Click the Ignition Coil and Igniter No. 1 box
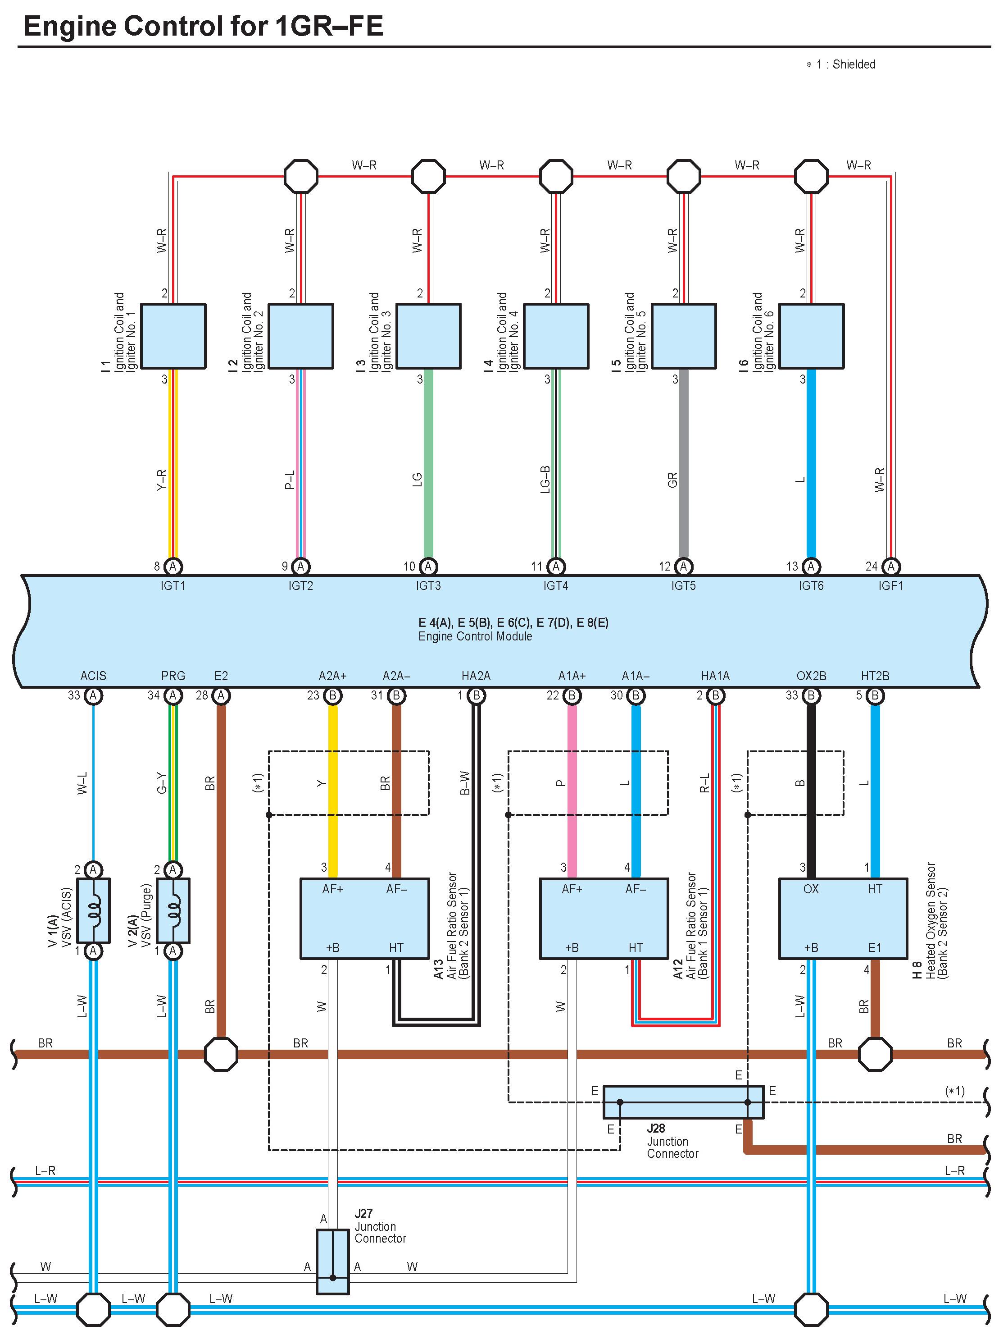(x=173, y=336)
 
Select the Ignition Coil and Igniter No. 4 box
(x=556, y=336)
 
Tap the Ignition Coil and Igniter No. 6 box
(x=811, y=336)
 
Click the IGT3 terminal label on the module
(x=428, y=586)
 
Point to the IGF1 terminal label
(x=891, y=586)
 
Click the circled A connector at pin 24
(x=891, y=566)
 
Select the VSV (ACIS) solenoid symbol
(x=93, y=910)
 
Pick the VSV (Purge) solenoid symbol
(x=173, y=910)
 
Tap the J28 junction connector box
(x=683, y=1102)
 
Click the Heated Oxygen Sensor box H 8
(x=843, y=918)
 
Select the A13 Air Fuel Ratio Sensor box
(x=364, y=918)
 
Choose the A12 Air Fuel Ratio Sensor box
(x=604, y=918)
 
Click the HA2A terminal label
(x=476, y=676)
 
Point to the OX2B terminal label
(x=811, y=676)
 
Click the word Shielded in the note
(x=854, y=64)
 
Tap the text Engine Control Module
(x=475, y=636)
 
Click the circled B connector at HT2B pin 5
(x=875, y=695)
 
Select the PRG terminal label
(x=173, y=676)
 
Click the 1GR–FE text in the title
(x=330, y=27)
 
